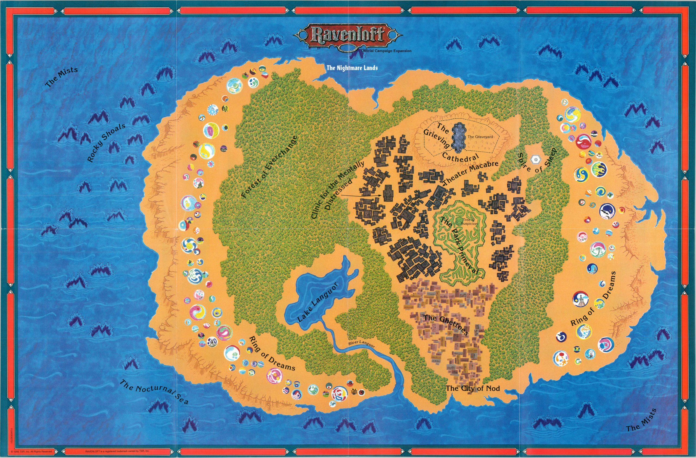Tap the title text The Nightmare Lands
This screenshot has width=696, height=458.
352,68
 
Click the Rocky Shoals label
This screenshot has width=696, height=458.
107,143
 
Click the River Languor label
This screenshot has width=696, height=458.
361,344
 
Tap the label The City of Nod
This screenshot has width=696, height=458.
473,388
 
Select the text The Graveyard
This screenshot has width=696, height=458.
480,136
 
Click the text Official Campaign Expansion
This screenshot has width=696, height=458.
386,51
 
